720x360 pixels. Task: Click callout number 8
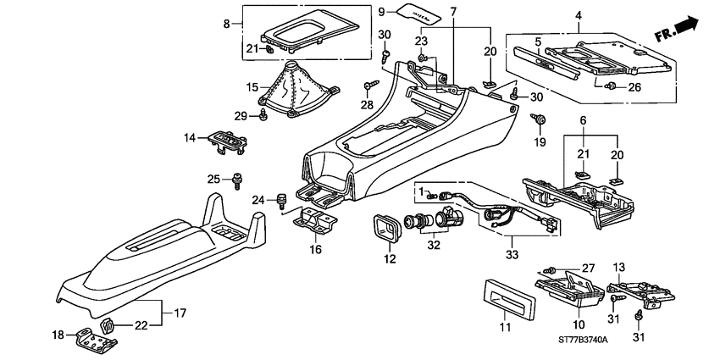pyautogui.click(x=226, y=24)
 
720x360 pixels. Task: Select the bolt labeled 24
pyautogui.click(x=281, y=201)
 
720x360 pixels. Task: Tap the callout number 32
pyautogui.click(x=434, y=246)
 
